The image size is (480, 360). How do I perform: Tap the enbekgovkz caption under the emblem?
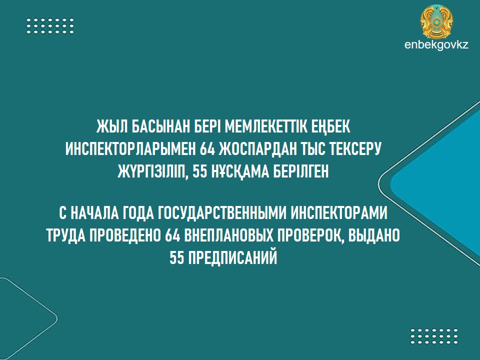[436, 45]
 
